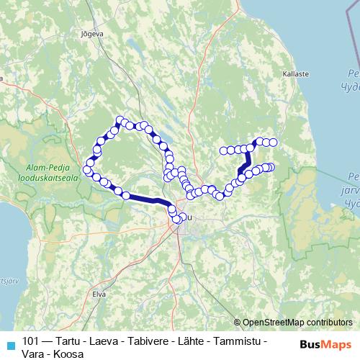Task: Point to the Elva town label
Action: click(x=99, y=293)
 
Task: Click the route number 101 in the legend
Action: click(x=31, y=341)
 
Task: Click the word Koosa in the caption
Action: click(x=71, y=354)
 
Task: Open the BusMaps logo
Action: click(x=326, y=343)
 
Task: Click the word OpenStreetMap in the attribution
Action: click(x=274, y=323)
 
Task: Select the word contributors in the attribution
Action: click(x=330, y=323)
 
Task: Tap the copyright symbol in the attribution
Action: click(x=238, y=323)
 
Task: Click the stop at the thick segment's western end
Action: click(x=126, y=194)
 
